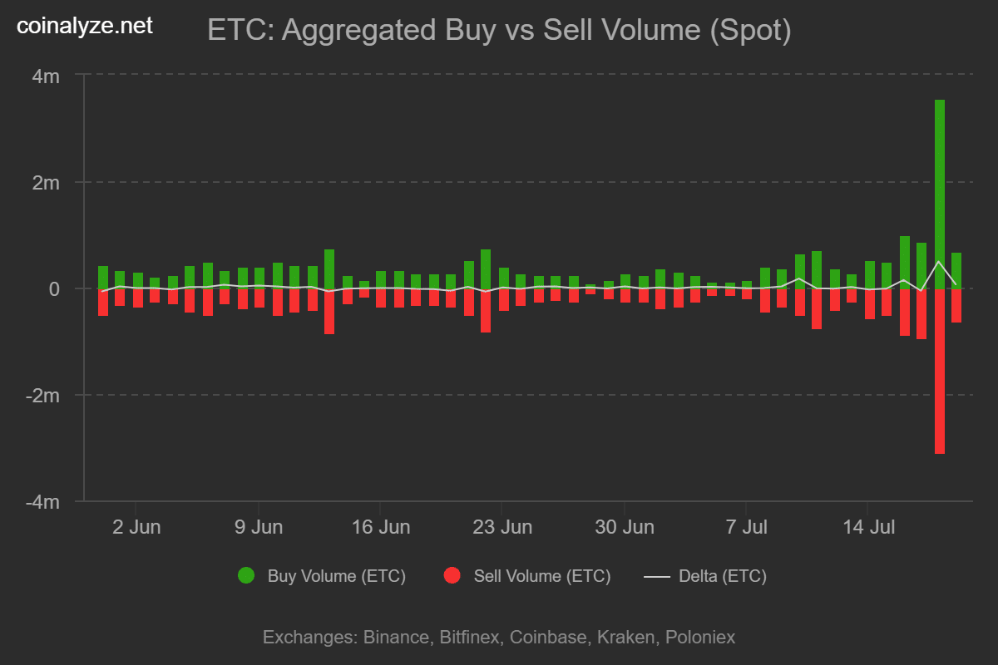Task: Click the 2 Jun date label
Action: click(x=136, y=527)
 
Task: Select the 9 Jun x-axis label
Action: click(x=258, y=527)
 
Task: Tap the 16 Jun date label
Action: click(x=380, y=527)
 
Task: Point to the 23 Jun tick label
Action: click(x=502, y=527)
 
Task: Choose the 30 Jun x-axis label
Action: click(x=625, y=527)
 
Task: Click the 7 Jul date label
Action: click(x=746, y=527)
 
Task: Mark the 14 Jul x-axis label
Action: click(x=868, y=527)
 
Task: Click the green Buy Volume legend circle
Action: click(x=246, y=575)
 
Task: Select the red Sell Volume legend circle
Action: click(x=452, y=575)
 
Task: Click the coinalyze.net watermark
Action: click(x=85, y=26)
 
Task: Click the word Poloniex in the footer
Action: click(x=698, y=638)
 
